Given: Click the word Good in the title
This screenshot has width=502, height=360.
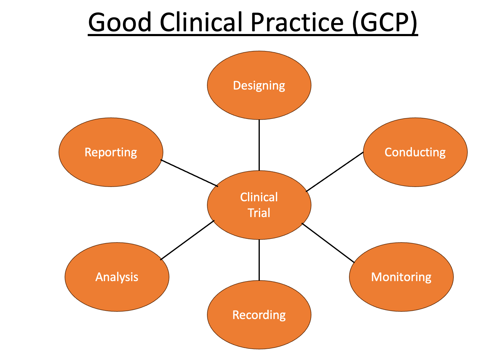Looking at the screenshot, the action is [x=120, y=22].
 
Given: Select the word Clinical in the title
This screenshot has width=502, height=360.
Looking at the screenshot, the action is [x=201, y=22].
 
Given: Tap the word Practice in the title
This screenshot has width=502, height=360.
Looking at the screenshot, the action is [x=297, y=22].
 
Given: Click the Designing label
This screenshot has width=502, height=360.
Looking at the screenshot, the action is [x=259, y=86].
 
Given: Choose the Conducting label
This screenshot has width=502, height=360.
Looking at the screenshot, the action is [x=415, y=153].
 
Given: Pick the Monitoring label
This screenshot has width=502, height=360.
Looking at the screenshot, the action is [x=401, y=277].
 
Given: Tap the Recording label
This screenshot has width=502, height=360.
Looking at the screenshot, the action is [x=259, y=315].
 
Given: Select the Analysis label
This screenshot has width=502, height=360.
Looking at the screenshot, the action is [x=117, y=277].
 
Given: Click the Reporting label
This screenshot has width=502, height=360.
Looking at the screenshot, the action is [x=111, y=153].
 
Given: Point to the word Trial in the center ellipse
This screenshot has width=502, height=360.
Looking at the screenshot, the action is [x=259, y=213].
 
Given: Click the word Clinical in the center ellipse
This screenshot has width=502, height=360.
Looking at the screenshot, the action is [x=259, y=197].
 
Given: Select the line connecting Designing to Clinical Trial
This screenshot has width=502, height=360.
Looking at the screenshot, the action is [x=259, y=145].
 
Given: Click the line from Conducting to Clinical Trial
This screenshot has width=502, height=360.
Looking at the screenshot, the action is [x=334, y=172].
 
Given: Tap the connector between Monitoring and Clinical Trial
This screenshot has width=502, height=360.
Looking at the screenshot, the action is [x=328, y=243].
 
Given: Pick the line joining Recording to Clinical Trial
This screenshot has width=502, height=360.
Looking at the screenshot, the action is [x=259, y=260].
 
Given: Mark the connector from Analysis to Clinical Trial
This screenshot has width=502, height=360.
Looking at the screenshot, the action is [x=187, y=240].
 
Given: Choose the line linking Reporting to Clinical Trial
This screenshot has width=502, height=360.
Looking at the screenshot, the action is [x=189, y=173].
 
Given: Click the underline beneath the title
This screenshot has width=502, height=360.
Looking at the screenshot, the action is [x=253, y=35].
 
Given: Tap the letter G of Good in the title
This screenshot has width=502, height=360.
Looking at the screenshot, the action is [x=97, y=22].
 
